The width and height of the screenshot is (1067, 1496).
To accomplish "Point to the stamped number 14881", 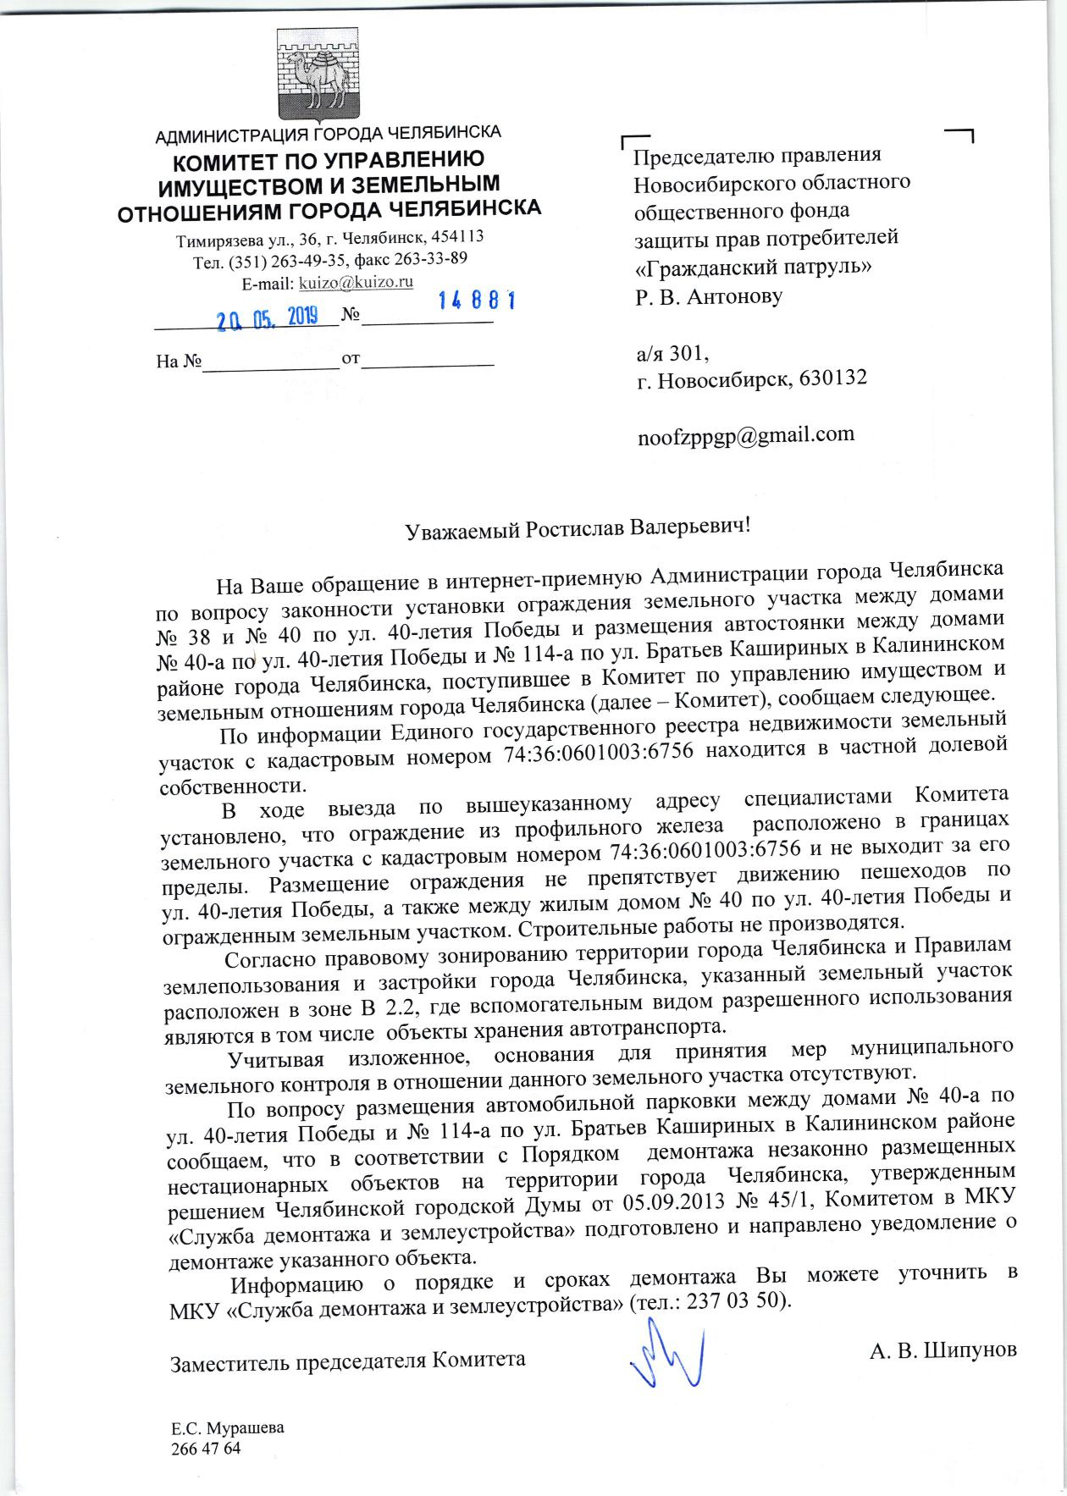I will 477,301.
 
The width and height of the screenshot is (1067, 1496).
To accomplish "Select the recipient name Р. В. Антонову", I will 709,296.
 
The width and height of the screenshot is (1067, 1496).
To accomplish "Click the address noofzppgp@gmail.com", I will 745,434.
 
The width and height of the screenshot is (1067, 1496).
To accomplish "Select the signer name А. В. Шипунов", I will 943,1349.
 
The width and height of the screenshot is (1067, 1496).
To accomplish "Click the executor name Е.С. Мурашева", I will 228,1427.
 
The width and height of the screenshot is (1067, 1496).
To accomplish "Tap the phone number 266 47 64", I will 206,1449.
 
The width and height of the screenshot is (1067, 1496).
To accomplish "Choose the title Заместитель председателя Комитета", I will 348,1361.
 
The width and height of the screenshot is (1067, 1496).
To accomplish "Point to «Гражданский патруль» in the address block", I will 754,268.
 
